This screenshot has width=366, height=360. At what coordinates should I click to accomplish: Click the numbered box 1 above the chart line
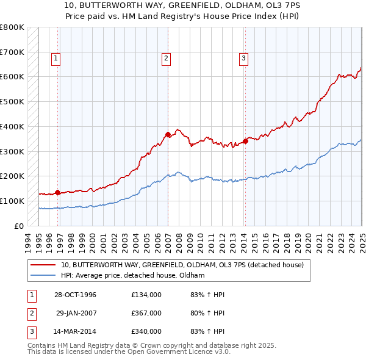(56, 59)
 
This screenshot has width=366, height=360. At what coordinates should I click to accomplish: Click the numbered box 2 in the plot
(166, 59)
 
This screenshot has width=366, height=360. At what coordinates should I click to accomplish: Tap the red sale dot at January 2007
(168, 134)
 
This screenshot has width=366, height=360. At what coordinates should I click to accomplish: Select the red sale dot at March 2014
(245, 141)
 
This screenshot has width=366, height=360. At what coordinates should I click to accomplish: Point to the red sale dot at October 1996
(57, 192)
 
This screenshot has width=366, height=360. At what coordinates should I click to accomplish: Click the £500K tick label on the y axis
(12, 101)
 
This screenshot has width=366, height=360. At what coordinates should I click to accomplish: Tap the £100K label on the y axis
(12, 201)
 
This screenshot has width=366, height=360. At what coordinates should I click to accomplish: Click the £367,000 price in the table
(146, 313)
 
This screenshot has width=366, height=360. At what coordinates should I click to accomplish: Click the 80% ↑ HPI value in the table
(204, 313)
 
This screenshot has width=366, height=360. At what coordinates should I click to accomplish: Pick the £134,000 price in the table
(146, 295)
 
